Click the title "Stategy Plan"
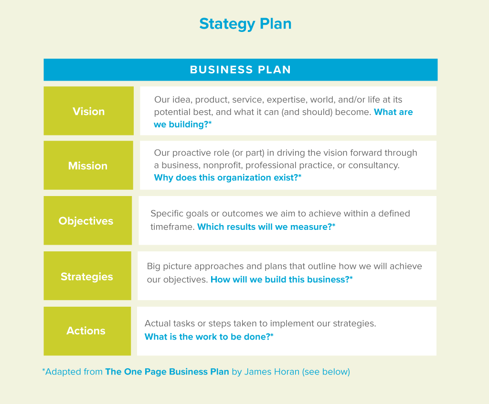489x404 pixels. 245,24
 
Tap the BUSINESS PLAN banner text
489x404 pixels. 241,70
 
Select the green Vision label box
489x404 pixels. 88,111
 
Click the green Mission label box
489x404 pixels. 88,166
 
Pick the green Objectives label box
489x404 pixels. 88,220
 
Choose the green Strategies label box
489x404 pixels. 87,276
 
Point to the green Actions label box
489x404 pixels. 87,331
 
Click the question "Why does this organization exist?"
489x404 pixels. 228,177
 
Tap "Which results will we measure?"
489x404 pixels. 266,227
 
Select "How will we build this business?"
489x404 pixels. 282,280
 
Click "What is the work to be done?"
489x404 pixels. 209,337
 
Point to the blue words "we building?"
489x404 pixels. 183,124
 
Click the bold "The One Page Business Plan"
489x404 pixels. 167,372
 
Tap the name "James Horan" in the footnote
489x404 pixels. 272,372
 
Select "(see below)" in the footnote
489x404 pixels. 326,372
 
